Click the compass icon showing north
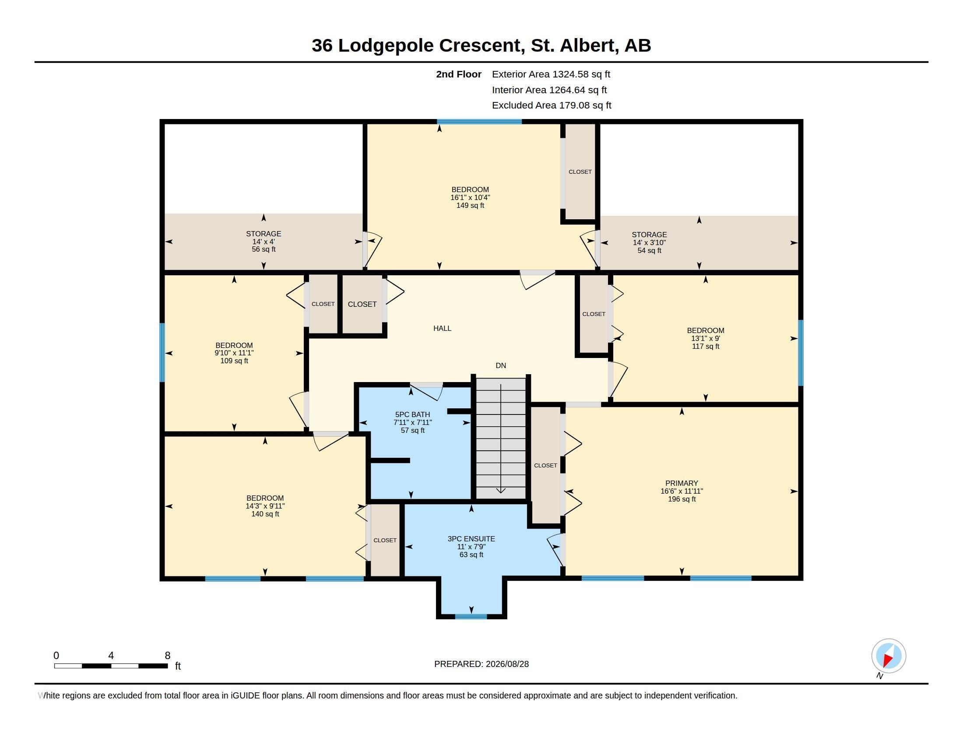[889, 656]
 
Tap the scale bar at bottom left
[111, 666]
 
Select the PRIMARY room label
[682, 483]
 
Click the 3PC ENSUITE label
[471, 539]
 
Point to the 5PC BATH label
[412, 414]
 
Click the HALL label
[442, 328]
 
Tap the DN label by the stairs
[501, 365]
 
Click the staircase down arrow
[501, 439]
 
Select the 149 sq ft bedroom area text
[470, 205]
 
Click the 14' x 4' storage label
[264, 242]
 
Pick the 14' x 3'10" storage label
[649, 242]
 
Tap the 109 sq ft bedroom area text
[234, 361]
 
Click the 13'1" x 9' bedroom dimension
[706, 338]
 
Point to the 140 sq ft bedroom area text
[265, 514]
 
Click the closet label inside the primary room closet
[545, 466]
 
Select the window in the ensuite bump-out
[471, 616]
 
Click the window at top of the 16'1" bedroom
[479, 122]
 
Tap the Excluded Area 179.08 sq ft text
[552, 105]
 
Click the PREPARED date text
[481, 664]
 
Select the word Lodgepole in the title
[386, 46]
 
